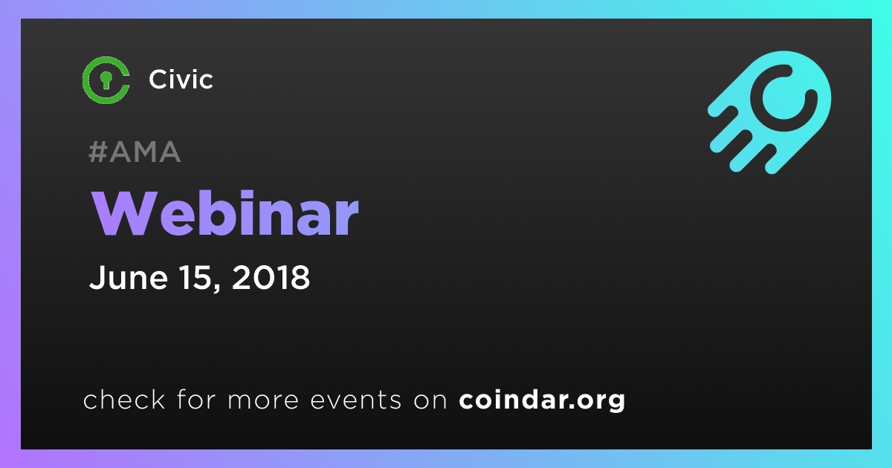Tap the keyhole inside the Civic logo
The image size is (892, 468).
[106, 79]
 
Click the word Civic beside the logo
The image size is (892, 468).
[181, 79]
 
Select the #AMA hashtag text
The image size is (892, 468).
[135, 152]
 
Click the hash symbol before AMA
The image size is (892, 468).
[98, 152]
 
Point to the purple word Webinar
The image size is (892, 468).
[225, 213]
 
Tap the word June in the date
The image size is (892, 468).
[128, 277]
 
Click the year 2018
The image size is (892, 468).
[271, 277]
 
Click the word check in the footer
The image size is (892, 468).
[124, 399]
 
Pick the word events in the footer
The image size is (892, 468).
[356, 400]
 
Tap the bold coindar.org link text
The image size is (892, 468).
[542, 400]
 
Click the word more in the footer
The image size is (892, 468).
[263, 400]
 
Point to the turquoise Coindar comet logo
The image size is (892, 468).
[769, 112]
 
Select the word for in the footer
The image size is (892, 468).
[196, 399]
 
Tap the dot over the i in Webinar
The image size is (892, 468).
[247, 195]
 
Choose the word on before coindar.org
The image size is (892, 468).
[430, 400]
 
